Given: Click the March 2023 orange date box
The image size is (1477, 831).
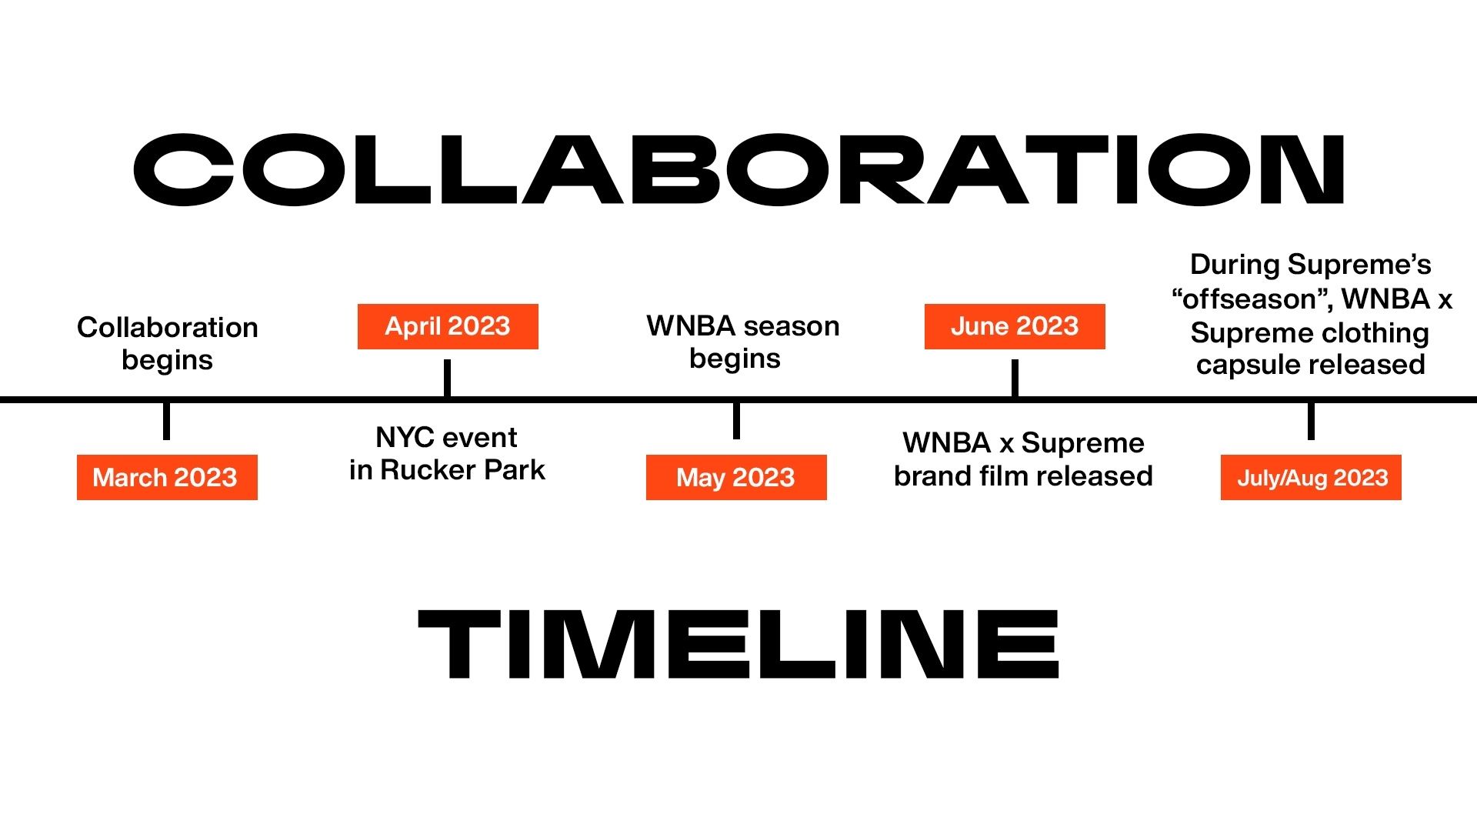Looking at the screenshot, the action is click(167, 477).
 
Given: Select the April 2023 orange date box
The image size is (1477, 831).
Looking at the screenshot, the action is click(448, 326).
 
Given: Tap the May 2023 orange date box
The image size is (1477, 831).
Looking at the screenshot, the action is click(736, 477).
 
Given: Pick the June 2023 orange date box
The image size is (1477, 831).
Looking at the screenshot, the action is click(1015, 326).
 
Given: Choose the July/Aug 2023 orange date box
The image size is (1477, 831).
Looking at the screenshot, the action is click(1311, 477).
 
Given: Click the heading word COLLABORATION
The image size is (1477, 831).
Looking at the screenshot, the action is click(738, 169).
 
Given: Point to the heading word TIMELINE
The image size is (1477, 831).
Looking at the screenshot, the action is click(738, 644).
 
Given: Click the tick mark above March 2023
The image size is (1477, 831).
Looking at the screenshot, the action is click(166, 421).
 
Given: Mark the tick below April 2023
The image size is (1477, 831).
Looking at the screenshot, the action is click(447, 378).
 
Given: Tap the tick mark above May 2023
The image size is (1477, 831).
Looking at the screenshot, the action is click(736, 421).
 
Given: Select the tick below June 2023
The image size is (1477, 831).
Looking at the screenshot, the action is click(1015, 378).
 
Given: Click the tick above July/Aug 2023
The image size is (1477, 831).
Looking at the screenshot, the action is click(1311, 421).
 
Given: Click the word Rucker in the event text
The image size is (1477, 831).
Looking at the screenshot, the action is click(428, 469).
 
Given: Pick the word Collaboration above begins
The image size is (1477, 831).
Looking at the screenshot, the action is click(168, 327).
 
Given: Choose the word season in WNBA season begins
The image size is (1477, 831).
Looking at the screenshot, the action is click(792, 326).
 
